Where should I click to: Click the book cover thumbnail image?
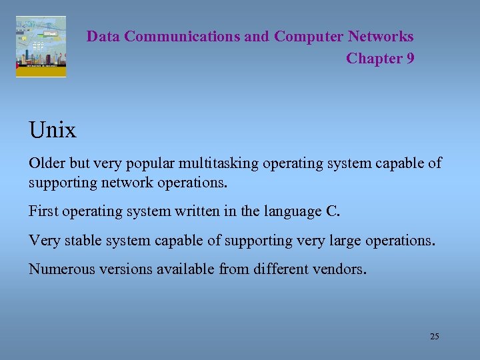point(41,47)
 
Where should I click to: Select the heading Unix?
point(53,129)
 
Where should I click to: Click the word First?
point(42,212)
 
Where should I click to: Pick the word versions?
point(119,269)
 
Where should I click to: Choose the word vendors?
point(341,269)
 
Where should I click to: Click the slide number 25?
point(435,337)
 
